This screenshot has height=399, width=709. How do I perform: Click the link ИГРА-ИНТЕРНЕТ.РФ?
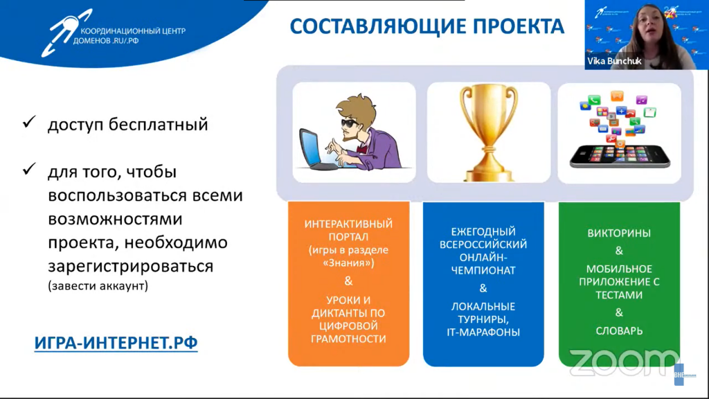[x=116, y=343]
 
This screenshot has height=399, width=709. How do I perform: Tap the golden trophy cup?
[x=488, y=133]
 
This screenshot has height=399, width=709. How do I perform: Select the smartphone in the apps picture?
[x=620, y=156]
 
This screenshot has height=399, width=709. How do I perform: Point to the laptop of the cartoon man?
[x=316, y=150]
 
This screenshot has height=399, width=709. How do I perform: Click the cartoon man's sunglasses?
[x=349, y=123]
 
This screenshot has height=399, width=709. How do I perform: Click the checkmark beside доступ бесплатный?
[x=29, y=122]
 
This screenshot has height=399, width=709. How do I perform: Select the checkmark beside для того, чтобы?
[x=29, y=169]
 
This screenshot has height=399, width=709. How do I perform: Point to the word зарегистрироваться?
[x=131, y=266]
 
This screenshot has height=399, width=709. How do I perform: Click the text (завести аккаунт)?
[x=98, y=286]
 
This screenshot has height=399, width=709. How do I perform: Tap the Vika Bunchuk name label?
[x=614, y=61]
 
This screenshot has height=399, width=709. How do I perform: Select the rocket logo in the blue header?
[x=66, y=33]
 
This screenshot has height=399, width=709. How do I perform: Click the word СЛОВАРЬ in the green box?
[x=619, y=330]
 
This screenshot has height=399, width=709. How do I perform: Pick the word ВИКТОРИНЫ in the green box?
[x=619, y=233]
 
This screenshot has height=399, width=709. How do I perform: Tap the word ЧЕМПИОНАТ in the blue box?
[x=483, y=271]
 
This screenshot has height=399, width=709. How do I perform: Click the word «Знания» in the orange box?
[x=349, y=263]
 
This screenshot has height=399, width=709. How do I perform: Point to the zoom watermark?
[x=624, y=362]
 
